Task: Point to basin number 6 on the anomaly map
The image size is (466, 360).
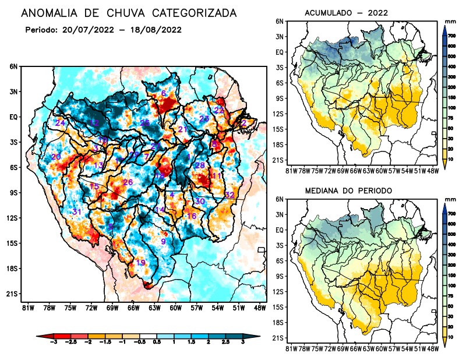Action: click(x=164, y=94)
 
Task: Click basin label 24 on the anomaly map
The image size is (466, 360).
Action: click(x=60, y=122)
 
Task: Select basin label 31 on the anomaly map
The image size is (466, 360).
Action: click(x=76, y=211)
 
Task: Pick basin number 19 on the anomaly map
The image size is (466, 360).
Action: click(x=140, y=263)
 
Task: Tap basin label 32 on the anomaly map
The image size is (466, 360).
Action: click(x=230, y=195)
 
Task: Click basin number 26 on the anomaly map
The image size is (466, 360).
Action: click(x=128, y=182)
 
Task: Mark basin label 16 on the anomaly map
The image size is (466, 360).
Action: click(x=191, y=216)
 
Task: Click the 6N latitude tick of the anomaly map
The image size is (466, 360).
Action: click(x=13, y=66)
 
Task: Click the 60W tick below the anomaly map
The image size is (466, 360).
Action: click(x=175, y=308)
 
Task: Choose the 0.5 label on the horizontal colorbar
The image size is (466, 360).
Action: click(x=157, y=343)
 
